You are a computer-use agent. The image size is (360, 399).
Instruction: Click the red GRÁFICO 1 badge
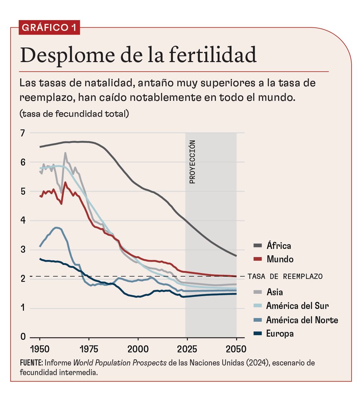(49, 28)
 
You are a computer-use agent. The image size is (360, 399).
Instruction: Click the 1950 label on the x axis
(40, 349)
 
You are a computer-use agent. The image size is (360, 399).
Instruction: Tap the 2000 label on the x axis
(138, 349)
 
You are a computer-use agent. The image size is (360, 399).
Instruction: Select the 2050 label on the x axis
(236, 349)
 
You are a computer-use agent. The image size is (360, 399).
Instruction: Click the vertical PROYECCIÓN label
(192, 162)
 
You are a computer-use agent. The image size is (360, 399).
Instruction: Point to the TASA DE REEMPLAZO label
(285, 276)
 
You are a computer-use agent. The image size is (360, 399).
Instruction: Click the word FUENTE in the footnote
(31, 363)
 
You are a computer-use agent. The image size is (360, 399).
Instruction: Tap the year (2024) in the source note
(258, 363)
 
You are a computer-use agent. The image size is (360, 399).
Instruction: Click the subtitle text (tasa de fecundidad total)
(74, 113)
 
